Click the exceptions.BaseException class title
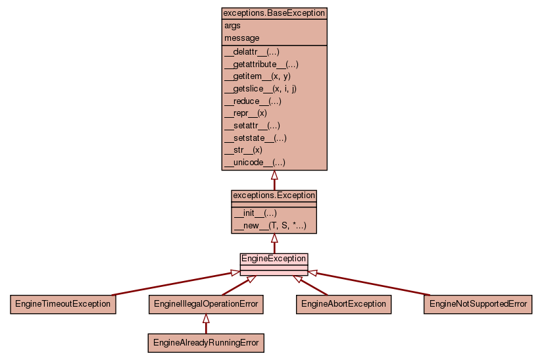274,13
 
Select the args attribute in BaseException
232,26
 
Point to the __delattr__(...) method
253,52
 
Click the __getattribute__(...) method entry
261,64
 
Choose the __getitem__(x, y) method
257,76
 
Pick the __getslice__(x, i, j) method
260,89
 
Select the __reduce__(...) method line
253,101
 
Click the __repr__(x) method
245,113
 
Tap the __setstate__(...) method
255,138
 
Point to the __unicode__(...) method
255,163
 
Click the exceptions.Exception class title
274,196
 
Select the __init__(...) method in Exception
255,213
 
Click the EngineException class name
274,259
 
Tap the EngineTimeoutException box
63,304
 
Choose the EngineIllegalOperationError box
206,304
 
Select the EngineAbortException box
343,304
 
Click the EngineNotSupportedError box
478,304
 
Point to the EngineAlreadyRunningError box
206,343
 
